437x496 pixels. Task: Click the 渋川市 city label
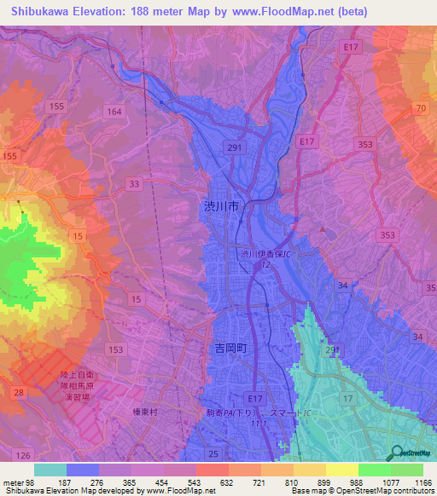(x=223, y=206)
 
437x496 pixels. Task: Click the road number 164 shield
(x=114, y=112)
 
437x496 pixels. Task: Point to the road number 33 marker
(x=134, y=183)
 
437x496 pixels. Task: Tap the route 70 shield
(x=420, y=108)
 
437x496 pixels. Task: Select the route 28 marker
(x=18, y=390)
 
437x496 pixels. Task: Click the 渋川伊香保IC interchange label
(x=265, y=254)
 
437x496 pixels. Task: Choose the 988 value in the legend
(x=353, y=482)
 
